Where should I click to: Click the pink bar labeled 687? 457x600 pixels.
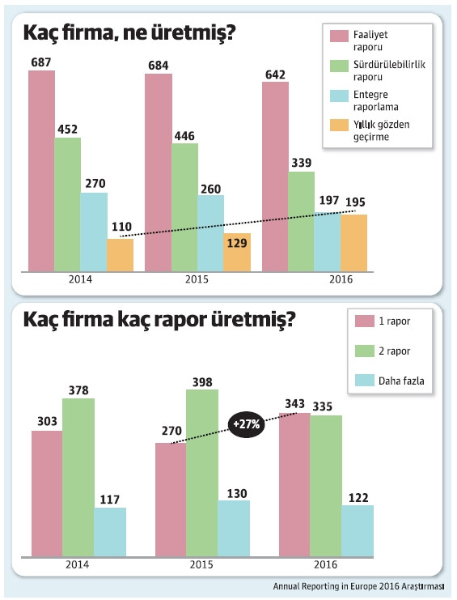pos(41,170)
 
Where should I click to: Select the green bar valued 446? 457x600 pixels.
pos(185,207)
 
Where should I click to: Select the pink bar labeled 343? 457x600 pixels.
pos(294,484)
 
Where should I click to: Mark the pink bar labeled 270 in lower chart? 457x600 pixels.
pos(170,499)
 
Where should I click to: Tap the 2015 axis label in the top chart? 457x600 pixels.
pos(197,279)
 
